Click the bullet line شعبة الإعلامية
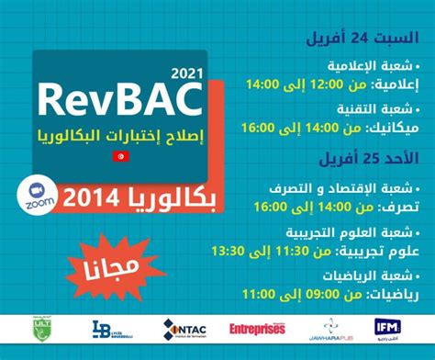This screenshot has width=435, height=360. click(x=372, y=66)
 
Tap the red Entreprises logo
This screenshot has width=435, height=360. click(x=257, y=328)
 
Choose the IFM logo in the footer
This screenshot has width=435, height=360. click(x=386, y=328)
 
